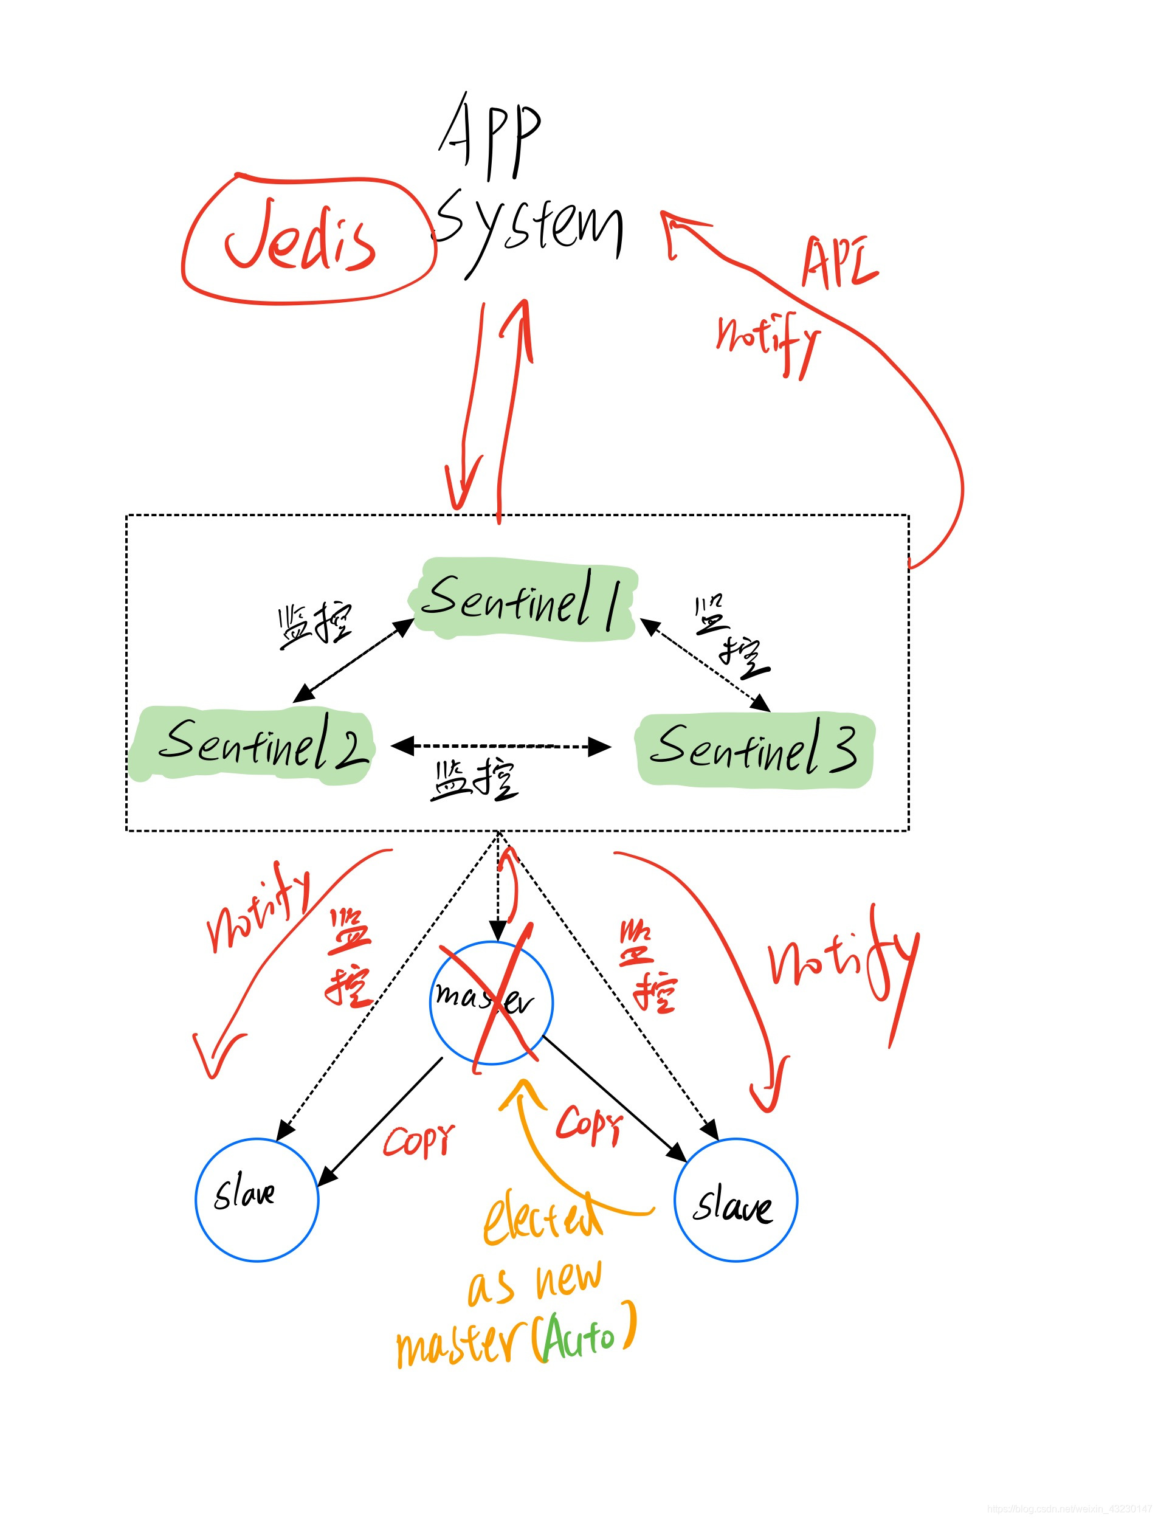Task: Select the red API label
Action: [838, 261]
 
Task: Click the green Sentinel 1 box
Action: [524, 598]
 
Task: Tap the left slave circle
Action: [257, 1199]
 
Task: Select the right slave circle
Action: [735, 1199]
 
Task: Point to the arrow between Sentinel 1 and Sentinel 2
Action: [354, 660]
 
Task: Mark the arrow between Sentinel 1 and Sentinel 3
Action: [705, 664]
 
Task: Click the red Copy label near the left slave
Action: [418, 1141]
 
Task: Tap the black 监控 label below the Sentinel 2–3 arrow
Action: [474, 779]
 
